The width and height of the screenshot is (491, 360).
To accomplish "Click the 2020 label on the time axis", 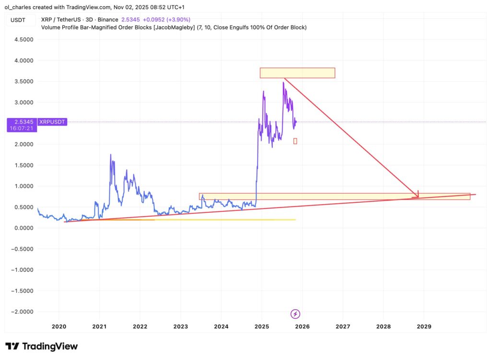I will point(58,326).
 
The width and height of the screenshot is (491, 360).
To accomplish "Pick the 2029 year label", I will point(424,326).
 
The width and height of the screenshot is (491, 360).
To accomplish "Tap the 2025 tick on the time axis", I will point(262,326).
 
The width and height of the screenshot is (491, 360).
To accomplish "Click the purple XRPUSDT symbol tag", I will point(52,122).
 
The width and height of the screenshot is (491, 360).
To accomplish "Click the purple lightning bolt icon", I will point(296,314).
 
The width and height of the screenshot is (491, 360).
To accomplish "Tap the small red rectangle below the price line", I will point(295,141).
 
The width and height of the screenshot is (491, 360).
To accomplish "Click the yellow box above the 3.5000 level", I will point(297,73).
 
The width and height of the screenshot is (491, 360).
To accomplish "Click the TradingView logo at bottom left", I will point(41,346).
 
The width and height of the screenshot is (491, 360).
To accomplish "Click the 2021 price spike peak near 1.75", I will point(111,155).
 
